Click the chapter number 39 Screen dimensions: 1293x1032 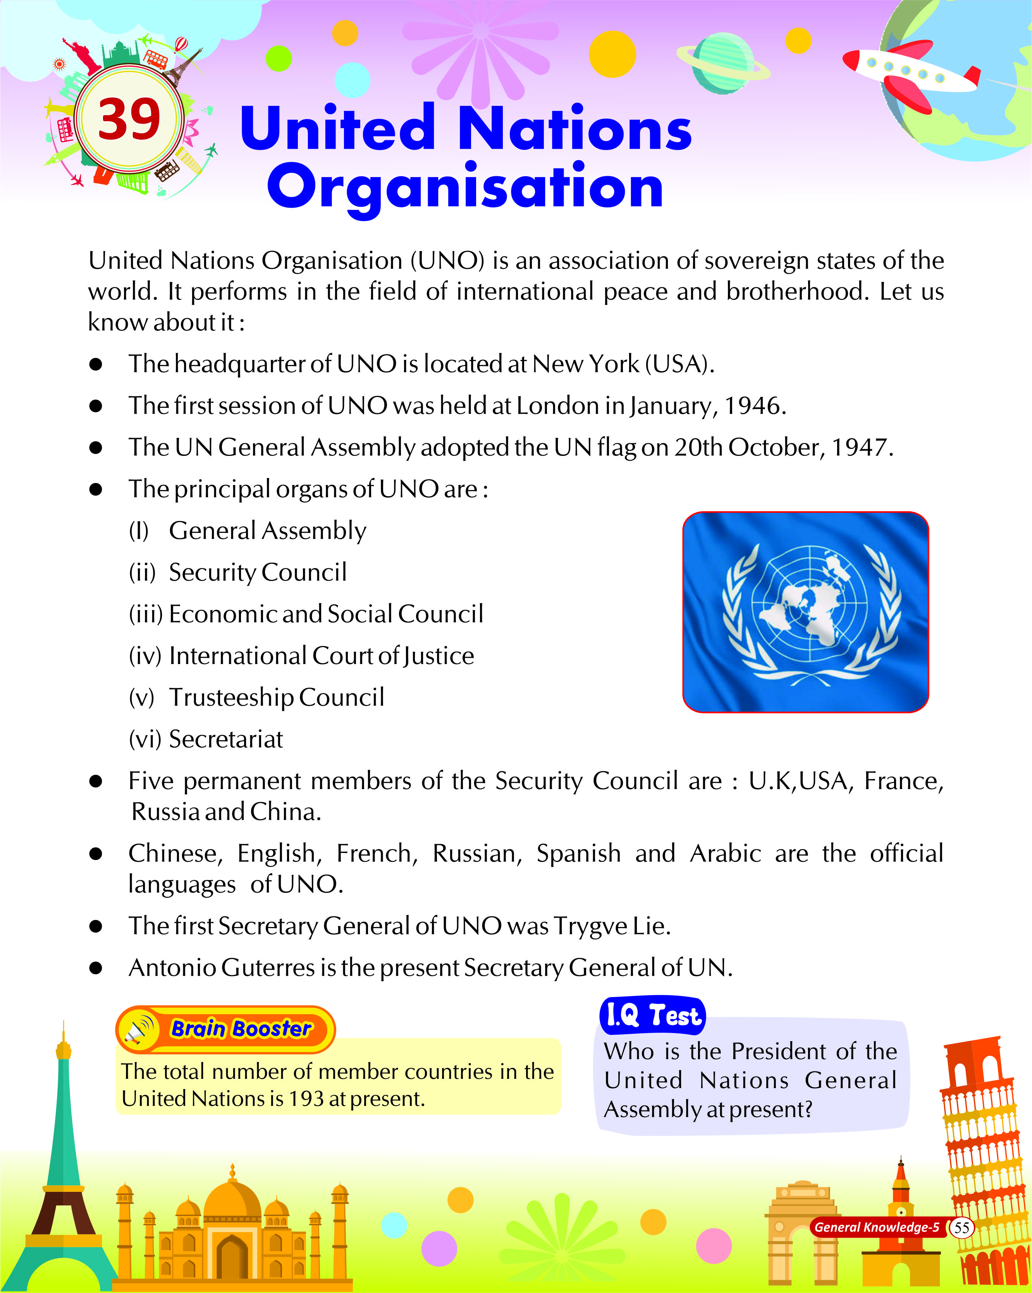pos(129,119)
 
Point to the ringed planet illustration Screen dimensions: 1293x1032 pos(722,64)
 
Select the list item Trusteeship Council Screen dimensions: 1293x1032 pos(277,698)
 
